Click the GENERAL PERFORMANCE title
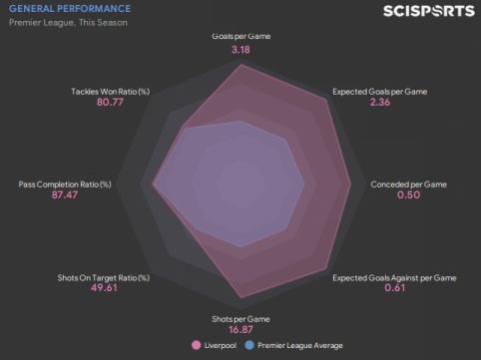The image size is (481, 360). (70, 8)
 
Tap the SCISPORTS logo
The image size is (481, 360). (429, 11)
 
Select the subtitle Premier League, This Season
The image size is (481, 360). (68, 23)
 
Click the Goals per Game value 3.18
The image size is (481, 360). (240, 50)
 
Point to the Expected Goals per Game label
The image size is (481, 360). (380, 92)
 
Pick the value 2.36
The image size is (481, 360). (380, 102)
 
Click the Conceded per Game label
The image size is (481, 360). (409, 184)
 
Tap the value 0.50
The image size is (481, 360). (409, 194)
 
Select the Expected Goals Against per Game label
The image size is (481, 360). (394, 277)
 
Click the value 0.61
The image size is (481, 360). (395, 287)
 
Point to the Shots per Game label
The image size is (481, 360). (240, 319)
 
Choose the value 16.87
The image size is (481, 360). (240, 329)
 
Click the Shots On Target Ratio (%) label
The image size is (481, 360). (104, 277)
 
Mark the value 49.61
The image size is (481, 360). (104, 287)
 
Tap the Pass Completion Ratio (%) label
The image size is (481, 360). (65, 184)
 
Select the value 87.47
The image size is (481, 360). (65, 194)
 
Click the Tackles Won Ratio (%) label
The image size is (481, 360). (111, 92)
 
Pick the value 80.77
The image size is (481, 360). (110, 102)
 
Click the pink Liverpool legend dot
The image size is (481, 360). (197, 345)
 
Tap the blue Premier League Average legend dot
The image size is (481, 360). (249, 345)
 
